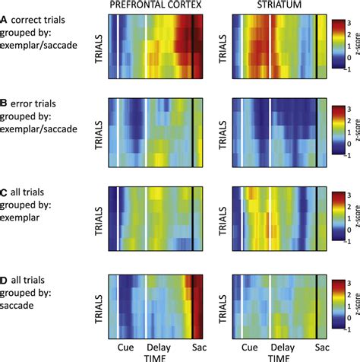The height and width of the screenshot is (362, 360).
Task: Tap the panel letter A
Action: pos(5,23)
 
